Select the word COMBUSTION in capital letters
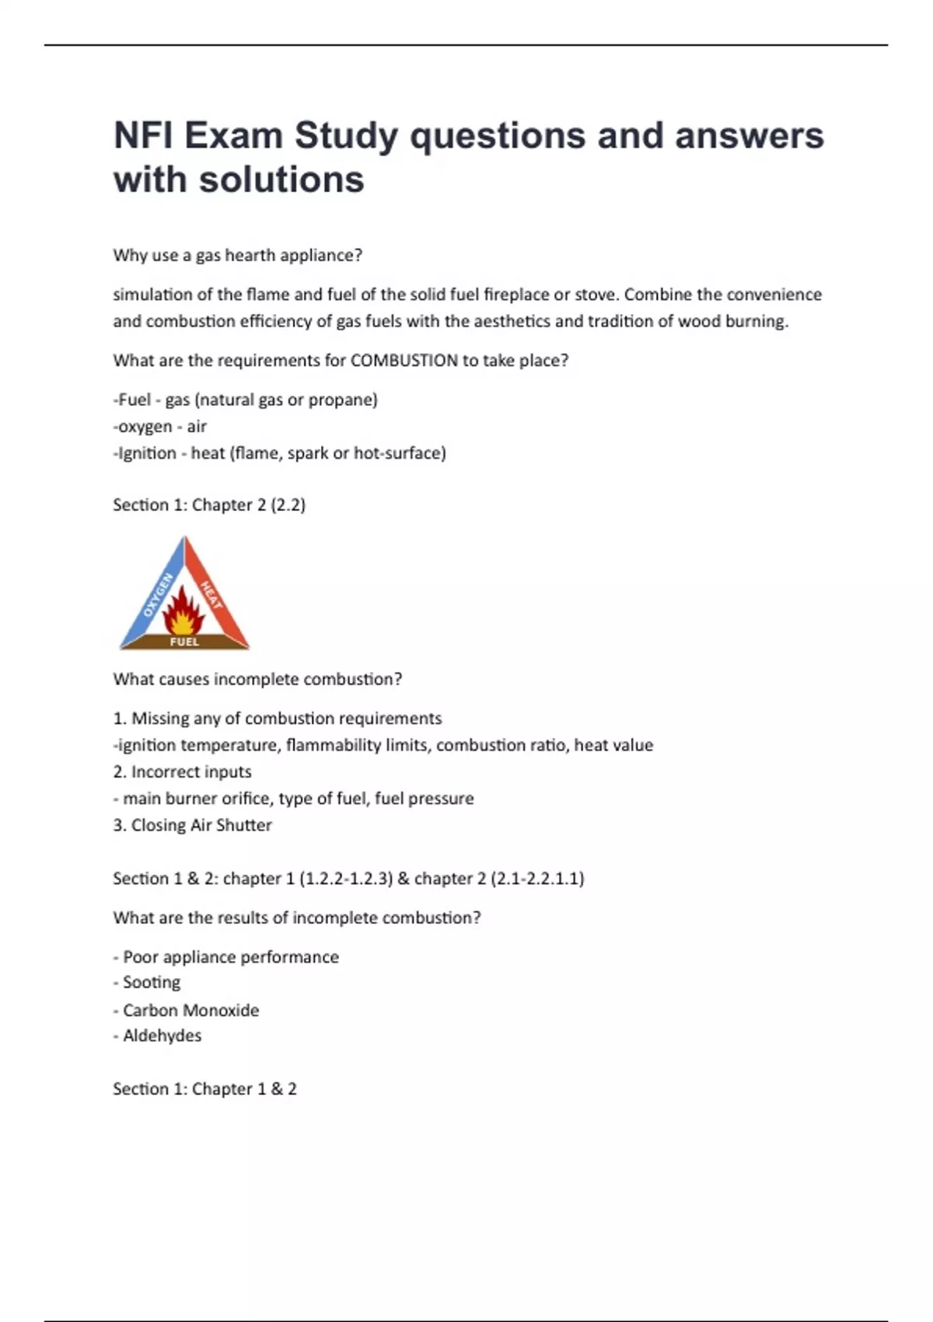coord(404,361)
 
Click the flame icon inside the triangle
coord(183,611)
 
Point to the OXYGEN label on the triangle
coord(158,595)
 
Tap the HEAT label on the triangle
coord(211,595)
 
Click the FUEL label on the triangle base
coord(184,642)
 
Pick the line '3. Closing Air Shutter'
coord(193,825)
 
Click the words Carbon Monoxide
coord(190,1010)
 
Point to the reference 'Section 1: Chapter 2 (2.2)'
coord(209,505)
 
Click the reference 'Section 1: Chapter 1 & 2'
coord(204,1089)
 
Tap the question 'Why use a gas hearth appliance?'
coord(238,256)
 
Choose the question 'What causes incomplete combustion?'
coord(257,680)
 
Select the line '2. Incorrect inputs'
coord(183,772)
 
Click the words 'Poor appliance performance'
coord(231,957)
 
